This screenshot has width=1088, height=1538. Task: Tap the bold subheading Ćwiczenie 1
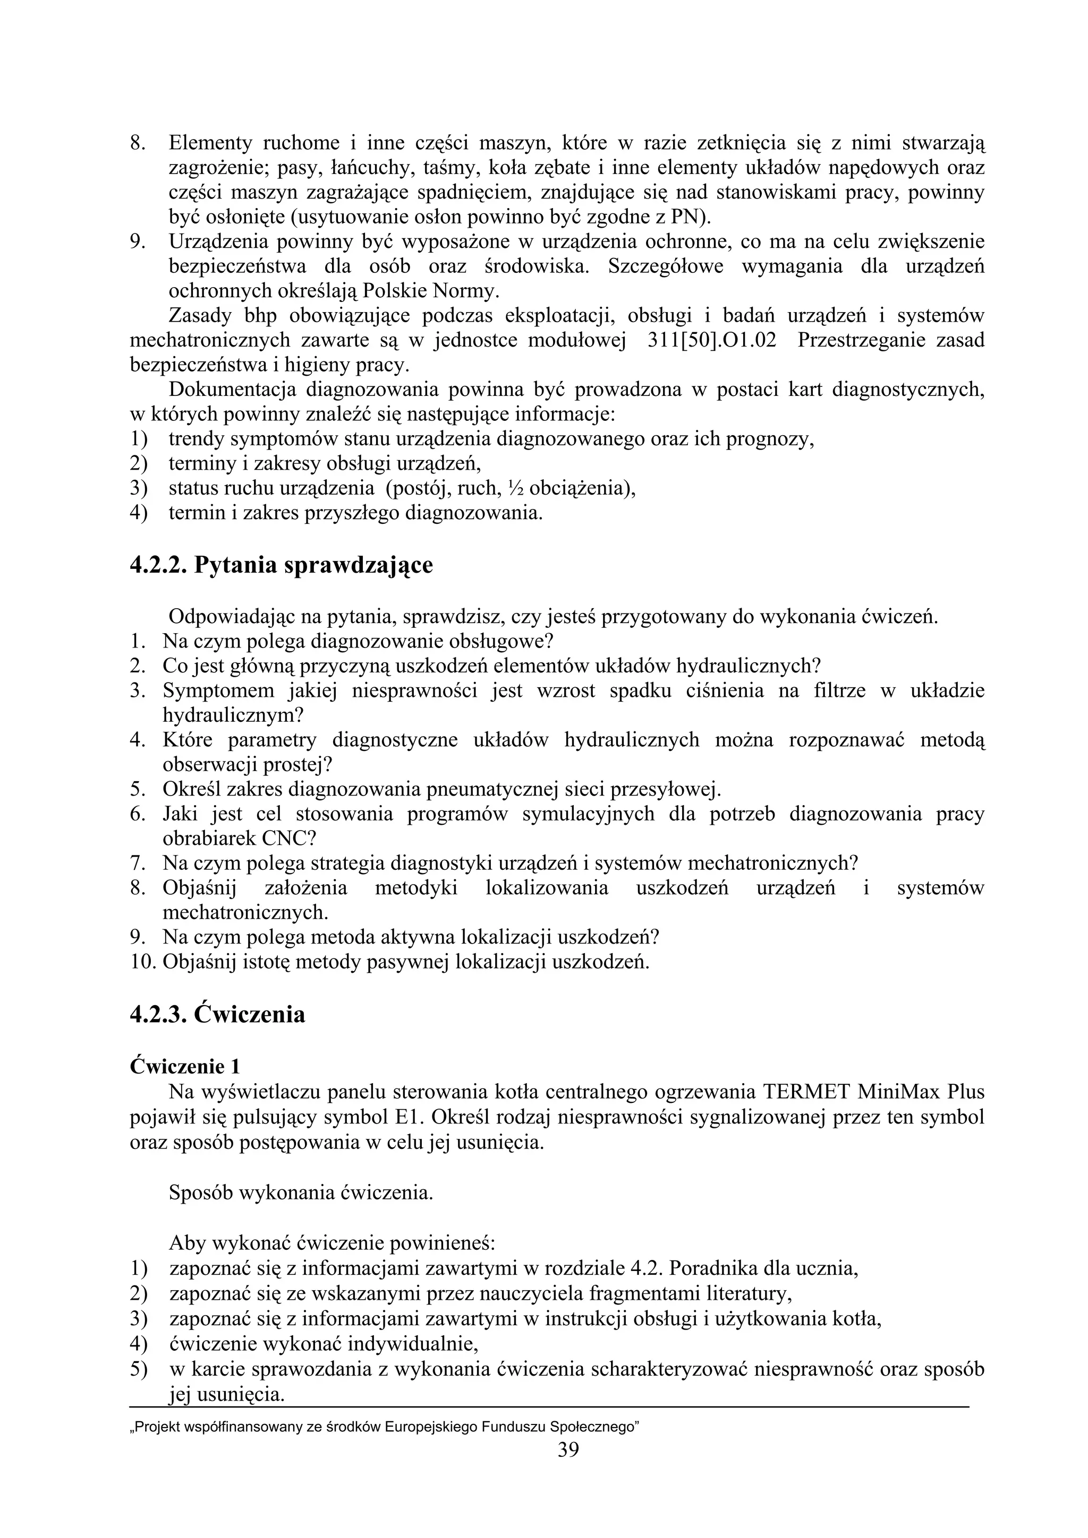(x=184, y=1066)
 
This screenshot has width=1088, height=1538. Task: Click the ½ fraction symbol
(x=515, y=488)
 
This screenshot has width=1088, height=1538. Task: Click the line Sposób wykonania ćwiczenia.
(x=301, y=1193)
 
